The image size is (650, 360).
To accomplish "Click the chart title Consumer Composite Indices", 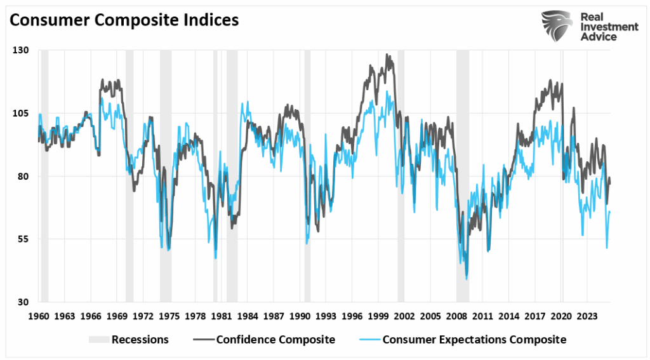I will (124, 20).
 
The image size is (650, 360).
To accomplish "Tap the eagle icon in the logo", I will (557, 25).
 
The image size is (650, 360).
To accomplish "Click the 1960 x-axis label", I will (39, 316).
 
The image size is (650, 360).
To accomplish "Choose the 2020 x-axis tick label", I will (560, 316).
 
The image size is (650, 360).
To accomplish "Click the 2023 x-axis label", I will (587, 316).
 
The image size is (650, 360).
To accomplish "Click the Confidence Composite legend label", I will (275, 340).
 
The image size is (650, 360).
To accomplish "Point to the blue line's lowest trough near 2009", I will (467, 279).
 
